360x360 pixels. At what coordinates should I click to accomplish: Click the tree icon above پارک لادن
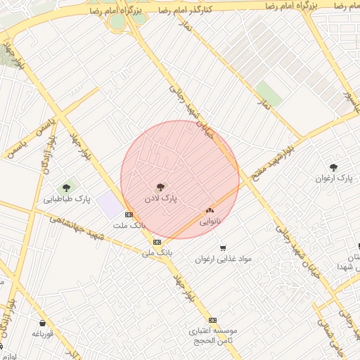161,187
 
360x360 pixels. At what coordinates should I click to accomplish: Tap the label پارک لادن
161,200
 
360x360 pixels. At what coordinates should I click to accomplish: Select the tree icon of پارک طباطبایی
67,188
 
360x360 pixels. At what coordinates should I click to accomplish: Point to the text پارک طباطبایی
67,200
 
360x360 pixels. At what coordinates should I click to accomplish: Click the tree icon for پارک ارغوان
333,167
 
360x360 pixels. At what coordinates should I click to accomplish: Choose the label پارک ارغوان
335,179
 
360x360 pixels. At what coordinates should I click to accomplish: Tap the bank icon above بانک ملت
128,214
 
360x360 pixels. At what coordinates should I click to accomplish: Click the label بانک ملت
128,226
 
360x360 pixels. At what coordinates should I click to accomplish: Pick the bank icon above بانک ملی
156,241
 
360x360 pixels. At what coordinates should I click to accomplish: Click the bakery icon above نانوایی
210,210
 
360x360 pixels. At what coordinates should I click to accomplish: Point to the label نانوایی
210,221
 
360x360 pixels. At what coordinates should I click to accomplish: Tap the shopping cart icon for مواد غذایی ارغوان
223,247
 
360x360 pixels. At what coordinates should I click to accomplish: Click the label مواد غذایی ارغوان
224,259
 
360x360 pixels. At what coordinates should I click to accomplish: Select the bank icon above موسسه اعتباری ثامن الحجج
213,319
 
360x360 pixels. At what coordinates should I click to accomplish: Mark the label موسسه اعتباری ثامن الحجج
214,335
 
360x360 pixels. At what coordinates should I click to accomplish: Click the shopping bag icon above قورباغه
42,323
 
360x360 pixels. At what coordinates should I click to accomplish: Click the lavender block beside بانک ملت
109,206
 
